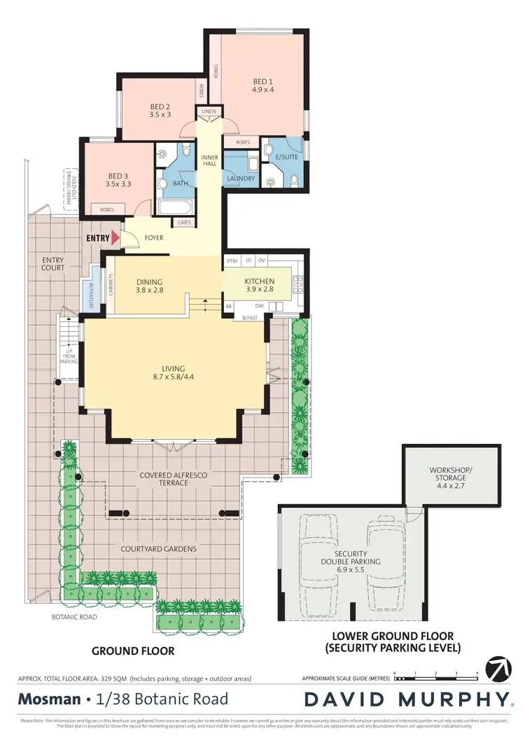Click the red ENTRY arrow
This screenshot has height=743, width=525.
click(x=115, y=238)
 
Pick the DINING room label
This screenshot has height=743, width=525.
click(x=149, y=284)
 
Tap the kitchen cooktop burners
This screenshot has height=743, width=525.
click(x=296, y=284)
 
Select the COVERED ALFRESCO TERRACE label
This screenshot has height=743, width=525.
click(x=173, y=479)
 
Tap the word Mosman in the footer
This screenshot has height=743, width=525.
click(x=47, y=698)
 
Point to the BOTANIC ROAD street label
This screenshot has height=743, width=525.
click(x=74, y=617)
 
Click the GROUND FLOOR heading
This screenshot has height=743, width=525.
click(x=133, y=651)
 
